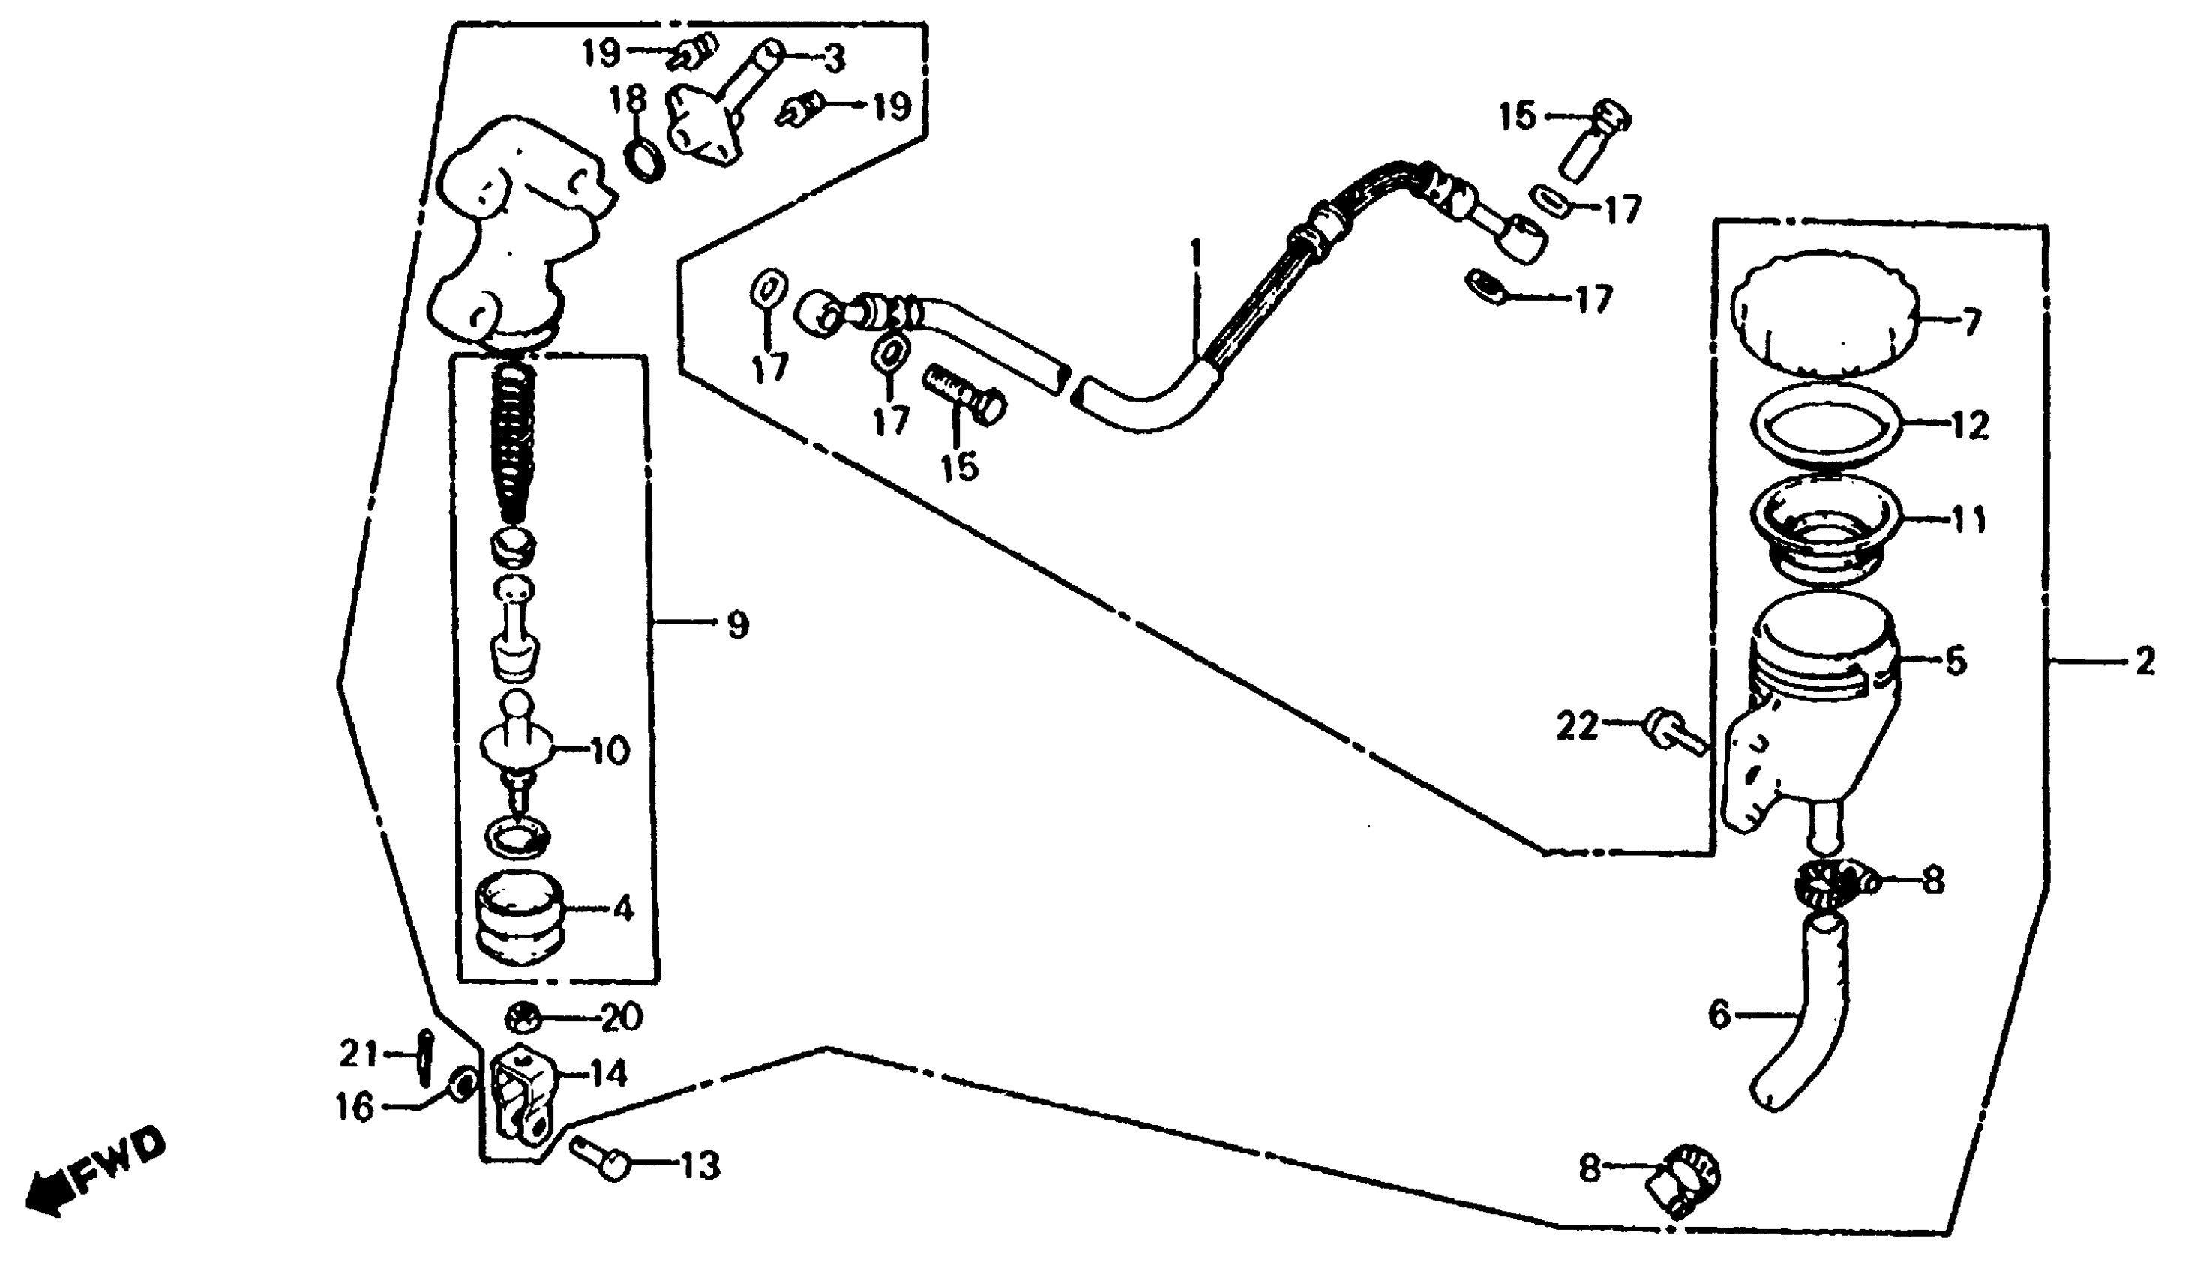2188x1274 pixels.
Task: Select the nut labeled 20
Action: click(523, 1016)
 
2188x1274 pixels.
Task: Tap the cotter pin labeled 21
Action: click(425, 1055)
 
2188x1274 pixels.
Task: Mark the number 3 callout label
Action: click(834, 59)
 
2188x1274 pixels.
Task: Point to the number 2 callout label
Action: click(2145, 663)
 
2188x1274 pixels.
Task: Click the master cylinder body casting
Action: click(512, 235)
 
